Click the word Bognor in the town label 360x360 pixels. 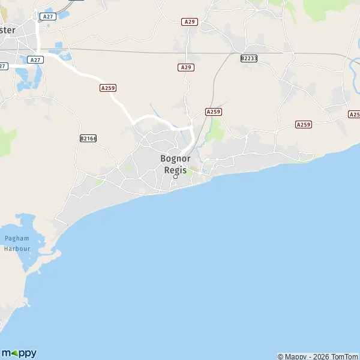[x=175, y=158]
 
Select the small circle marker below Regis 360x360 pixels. [x=176, y=176]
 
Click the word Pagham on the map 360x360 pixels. [x=17, y=238]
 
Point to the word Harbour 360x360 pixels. [x=17, y=247]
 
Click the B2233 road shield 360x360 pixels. [x=248, y=58]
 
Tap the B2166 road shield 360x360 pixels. [x=88, y=138]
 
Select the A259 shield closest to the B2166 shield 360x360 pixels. [x=108, y=88]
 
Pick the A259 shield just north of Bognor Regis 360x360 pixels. [x=213, y=112]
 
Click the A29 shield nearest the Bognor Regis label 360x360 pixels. [x=185, y=68]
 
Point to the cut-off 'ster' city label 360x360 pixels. [x=12, y=30]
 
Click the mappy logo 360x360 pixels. [x=19, y=353]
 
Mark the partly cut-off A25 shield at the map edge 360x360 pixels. [x=355, y=114]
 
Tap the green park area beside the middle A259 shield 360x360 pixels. [x=215, y=129]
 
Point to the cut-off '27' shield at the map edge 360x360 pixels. [x=3, y=66]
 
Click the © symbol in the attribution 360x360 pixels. [x=281, y=356]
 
